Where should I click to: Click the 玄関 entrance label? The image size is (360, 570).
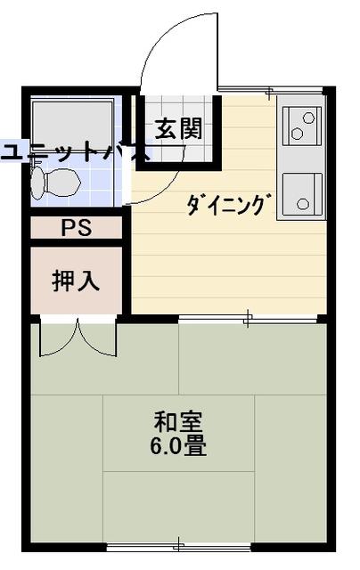178,129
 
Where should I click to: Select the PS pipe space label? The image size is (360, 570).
77,228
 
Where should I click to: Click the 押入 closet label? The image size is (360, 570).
76,281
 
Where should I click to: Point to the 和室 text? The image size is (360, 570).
178,421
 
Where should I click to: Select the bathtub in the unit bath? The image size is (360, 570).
73,125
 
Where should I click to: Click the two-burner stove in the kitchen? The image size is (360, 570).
302,126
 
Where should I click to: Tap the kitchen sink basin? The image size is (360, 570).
303,194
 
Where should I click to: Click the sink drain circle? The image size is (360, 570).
303,204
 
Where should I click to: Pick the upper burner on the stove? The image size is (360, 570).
308,118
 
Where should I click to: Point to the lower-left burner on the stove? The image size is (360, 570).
297,134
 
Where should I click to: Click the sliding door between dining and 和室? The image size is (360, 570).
248,319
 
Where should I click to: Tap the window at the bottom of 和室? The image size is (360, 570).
179,546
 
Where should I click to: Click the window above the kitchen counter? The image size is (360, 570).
271,90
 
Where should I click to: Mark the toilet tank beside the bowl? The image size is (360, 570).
37,182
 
